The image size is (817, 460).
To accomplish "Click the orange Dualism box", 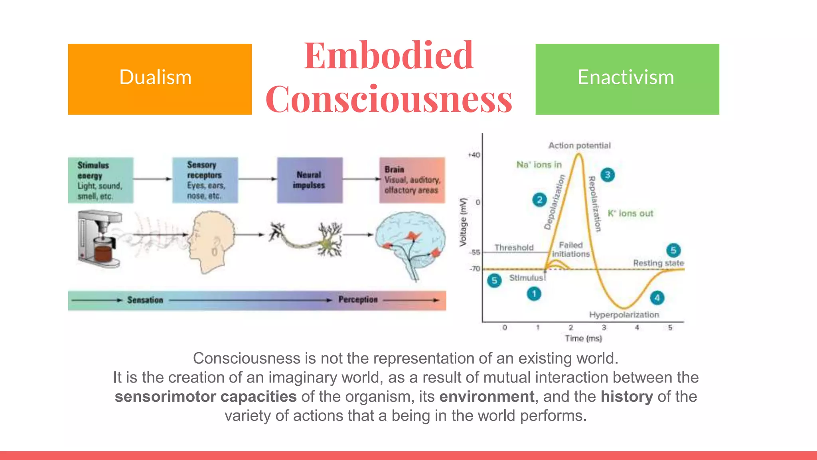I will (x=160, y=79).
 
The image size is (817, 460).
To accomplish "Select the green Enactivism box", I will (x=627, y=79).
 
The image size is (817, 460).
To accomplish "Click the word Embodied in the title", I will (x=389, y=56).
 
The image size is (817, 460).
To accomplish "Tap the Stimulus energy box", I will (x=101, y=180).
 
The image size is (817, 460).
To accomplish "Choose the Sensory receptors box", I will (x=205, y=180).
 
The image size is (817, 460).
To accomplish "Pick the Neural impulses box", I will (x=310, y=180).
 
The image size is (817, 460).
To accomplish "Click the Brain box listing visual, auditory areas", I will (x=412, y=180).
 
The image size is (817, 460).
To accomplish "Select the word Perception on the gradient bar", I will (x=358, y=300).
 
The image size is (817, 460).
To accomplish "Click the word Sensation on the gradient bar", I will (x=145, y=300).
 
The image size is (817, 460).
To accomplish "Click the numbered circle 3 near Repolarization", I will (x=608, y=174).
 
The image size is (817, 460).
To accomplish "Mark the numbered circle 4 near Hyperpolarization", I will (x=657, y=297).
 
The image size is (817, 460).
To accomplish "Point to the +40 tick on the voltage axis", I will (x=474, y=155).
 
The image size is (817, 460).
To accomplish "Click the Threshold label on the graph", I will (x=514, y=248).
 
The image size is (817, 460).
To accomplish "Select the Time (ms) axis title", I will (x=583, y=338).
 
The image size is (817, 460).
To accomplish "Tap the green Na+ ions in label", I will (x=539, y=165).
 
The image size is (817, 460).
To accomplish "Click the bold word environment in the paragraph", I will (x=487, y=397).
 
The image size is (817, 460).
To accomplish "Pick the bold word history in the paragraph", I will (x=627, y=397).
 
